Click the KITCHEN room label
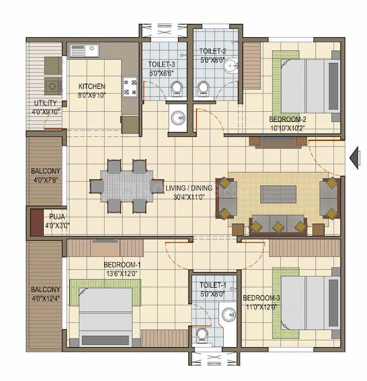click(x=92, y=87)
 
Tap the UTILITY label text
click(x=45, y=103)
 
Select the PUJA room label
click(x=56, y=217)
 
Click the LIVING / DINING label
click(x=189, y=188)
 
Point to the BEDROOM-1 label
click(x=122, y=265)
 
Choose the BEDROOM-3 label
click(x=261, y=298)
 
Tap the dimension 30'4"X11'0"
click(x=189, y=197)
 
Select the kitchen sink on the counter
click(x=84, y=50)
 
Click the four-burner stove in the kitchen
click(x=130, y=87)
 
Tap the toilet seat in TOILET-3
click(x=177, y=89)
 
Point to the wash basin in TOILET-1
click(x=229, y=314)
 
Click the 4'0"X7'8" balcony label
click(x=45, y=179)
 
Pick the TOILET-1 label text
click(x=212, y=285)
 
